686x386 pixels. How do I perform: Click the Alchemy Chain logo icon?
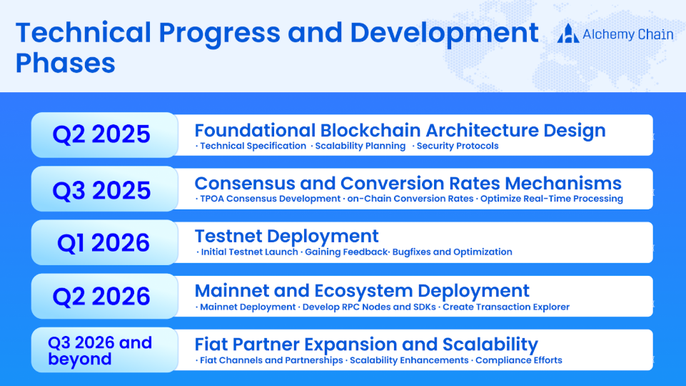568,34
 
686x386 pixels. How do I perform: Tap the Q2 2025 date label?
101,134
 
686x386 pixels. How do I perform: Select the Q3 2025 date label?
101,191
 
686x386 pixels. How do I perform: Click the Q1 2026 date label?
104,243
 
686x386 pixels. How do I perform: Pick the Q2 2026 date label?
101,297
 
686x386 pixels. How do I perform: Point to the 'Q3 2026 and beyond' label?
100,350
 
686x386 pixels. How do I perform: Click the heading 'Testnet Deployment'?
286,236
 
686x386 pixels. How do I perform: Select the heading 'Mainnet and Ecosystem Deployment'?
362,291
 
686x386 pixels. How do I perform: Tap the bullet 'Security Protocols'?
457,146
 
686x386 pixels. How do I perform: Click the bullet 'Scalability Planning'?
360,146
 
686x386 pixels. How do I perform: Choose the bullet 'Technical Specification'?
253,146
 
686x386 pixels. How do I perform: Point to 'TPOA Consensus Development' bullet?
270,199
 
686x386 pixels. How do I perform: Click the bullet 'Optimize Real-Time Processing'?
552,199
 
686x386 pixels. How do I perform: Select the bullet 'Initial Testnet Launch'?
249,252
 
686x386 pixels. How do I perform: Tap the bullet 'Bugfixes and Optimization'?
452,252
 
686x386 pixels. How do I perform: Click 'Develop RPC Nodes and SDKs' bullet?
369,307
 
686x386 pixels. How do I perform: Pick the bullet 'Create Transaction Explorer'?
505,307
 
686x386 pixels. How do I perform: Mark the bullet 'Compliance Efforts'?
518,360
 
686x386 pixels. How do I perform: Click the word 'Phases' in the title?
66,63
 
